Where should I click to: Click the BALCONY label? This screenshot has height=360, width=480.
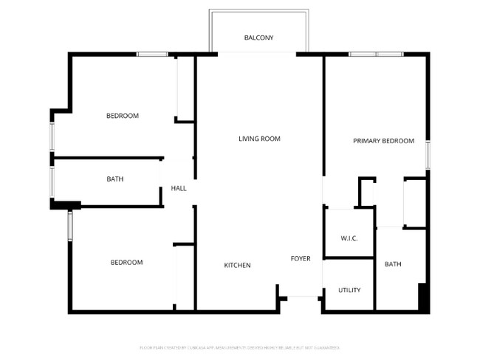point(258,38)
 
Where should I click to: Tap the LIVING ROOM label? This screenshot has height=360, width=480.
point(259,139)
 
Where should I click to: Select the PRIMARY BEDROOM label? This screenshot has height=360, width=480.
point(383,141)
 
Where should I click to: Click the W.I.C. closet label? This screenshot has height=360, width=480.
point(349,238)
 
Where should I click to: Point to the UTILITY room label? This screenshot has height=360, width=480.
point(349,290)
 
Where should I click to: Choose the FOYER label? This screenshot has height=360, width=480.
point(300,259)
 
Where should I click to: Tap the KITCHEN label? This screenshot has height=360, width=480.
point(238,266)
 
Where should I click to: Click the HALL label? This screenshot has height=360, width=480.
point(179,189)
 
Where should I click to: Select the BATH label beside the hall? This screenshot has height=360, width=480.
point(115,179)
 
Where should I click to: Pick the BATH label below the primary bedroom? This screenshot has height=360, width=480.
point(392,264)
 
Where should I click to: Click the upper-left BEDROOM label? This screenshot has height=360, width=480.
point(123,116)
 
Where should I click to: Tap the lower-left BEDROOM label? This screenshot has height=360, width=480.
point(126,263)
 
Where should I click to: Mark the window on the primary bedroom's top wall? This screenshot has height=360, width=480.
point(376,54)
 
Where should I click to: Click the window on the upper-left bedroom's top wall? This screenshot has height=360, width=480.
point(152,54)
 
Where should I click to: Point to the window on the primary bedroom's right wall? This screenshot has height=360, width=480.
point(428,155)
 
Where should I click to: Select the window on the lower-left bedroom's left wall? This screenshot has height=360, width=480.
point(70,226)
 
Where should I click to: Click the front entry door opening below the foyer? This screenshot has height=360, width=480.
point(301,297)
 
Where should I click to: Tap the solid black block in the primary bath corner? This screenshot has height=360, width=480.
point(423,297)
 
